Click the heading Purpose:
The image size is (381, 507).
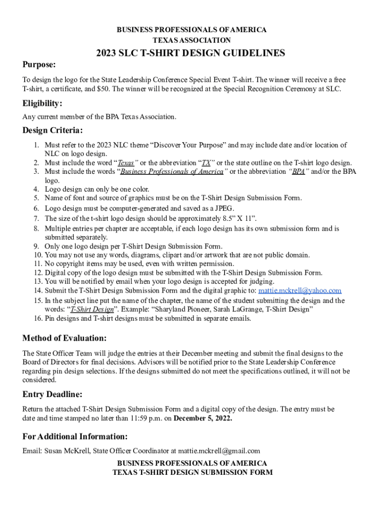tap(39, 65)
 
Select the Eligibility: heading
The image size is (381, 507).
tap(43, 103)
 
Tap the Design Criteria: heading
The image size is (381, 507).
tap(52, 131)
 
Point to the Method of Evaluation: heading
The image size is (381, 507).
tap(64, 339)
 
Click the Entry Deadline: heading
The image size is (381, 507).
tap(52, 395)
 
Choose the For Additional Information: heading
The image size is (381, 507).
tap(75, 437)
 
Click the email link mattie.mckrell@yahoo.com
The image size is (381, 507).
tap(300, 291)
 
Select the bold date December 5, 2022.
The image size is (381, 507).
tap(203, 418)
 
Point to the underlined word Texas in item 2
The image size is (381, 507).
tap(126, 163)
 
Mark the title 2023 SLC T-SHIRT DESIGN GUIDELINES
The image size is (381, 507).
tap(190, 53)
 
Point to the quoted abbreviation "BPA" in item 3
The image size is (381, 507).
tap(298, 172)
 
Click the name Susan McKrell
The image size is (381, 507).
tap(66, 451)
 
